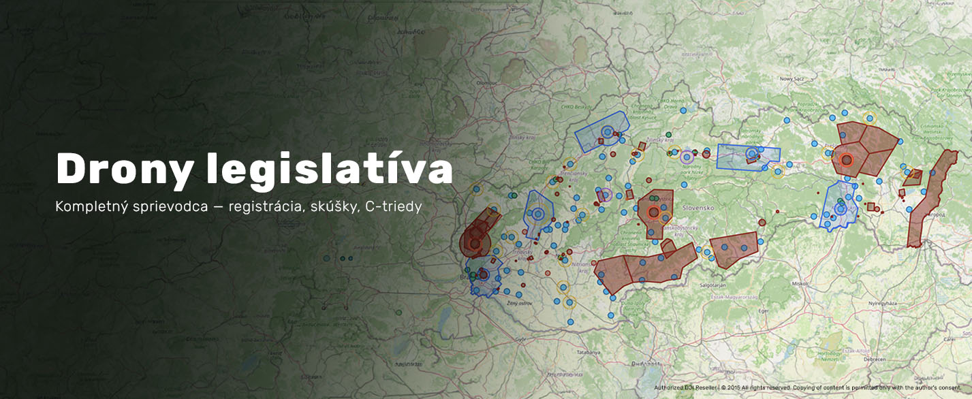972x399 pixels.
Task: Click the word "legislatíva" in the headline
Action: (330, 170)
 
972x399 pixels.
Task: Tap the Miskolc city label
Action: (800, 281)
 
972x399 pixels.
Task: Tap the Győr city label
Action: (522, 338)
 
